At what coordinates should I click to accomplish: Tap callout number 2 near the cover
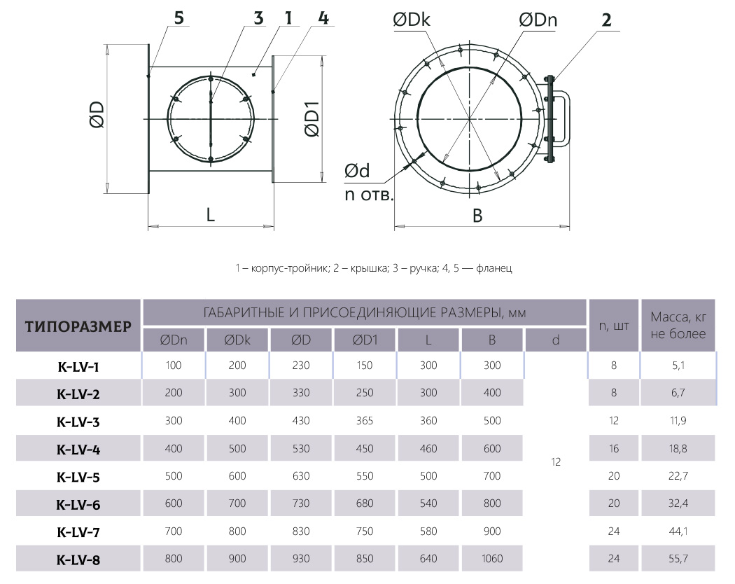(x=606, y=20)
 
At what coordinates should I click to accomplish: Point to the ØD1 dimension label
(x=312, y=119)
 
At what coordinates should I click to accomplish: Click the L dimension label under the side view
(x=211, y=215)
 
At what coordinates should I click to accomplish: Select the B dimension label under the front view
(x=477, y=215)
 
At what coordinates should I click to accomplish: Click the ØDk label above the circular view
(x=412, y=20)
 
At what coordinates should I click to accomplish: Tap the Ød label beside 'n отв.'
(x=357, y=171)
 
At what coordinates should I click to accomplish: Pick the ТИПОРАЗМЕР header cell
(x=78, y=326)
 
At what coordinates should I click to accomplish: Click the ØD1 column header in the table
(x=365, y=340)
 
